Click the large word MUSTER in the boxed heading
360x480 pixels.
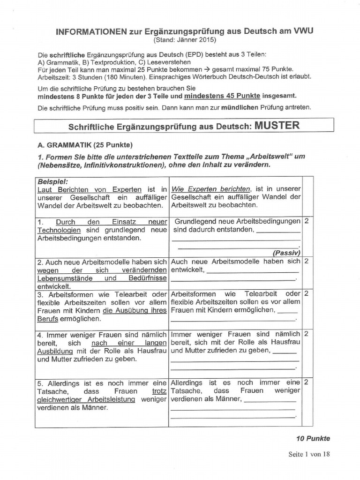pyautogui.click(x=277, y=126)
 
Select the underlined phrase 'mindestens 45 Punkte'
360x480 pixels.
pyautogui.click(x=222, y=96)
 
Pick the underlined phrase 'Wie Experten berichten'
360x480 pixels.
pyautogui.click(x=211, y=189)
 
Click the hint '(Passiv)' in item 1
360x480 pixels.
pyautogui.click(x=286, y=253)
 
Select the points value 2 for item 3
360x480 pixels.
pyautogui.click(x=306, y=294)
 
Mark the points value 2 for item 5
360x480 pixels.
pyautogui.click(x=306, y=382)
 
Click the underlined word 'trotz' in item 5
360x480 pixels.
pyautogui.click(x=159, y=391)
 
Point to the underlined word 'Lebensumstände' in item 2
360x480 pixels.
pyautogui.click(x=61, y=278)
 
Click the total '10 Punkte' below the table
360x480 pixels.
pyautogui.click(x=313, y=439)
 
